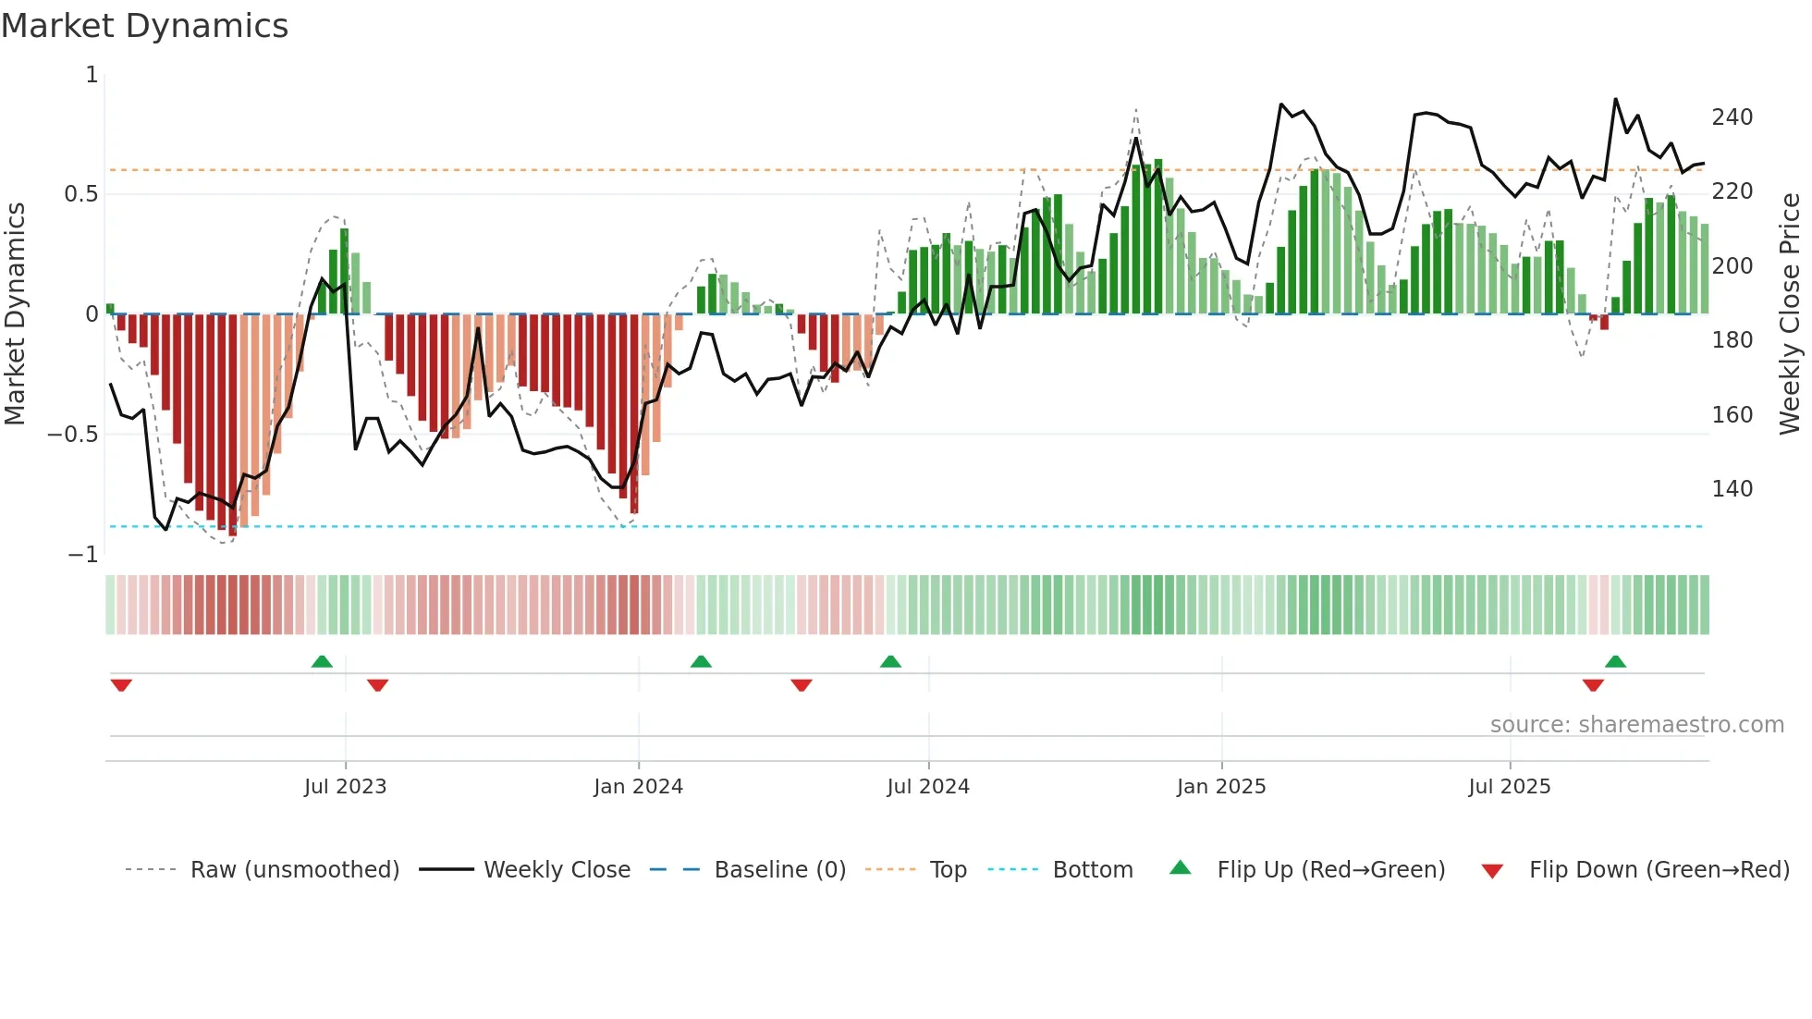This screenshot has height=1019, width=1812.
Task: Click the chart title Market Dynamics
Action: [145, 26]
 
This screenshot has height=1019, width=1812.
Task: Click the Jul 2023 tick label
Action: [345, 787]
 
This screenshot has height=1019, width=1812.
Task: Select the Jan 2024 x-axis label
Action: [638, 787]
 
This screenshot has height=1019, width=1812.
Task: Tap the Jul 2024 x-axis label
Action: [928, 787]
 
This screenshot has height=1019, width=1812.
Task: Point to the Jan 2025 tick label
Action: [1221, 787]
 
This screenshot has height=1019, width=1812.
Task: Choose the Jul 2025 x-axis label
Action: [1510, 787]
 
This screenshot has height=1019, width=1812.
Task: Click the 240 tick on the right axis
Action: [1732, 117]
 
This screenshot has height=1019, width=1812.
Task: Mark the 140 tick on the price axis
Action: [1732, 489]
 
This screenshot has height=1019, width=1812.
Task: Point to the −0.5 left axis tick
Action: [72, 435]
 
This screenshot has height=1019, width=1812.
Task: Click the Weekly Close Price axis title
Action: [1790, 314]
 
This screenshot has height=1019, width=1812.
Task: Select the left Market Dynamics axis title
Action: [15, 314]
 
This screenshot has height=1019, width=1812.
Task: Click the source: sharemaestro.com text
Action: [1636, 725]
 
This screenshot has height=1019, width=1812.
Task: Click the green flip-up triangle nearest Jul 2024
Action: [890, 662]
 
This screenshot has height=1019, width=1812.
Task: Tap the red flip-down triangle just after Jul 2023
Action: [377, 685]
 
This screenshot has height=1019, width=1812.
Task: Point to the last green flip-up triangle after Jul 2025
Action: [1615, 662]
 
